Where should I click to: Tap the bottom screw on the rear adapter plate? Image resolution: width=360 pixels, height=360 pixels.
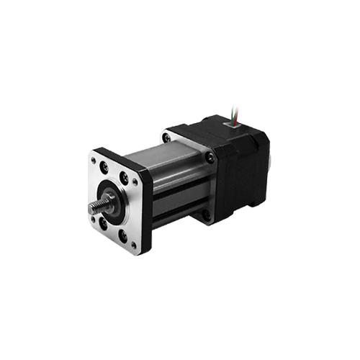[x=207, y=214]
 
